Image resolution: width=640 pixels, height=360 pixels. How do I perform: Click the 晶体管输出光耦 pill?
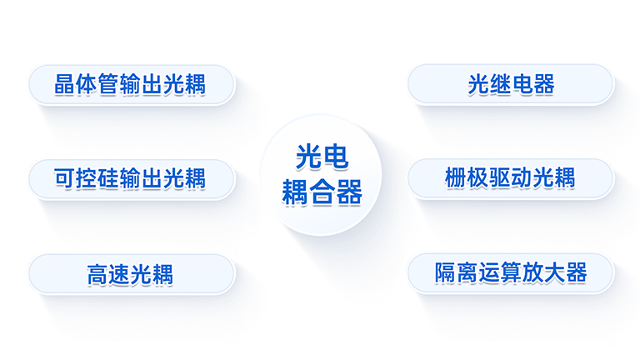(x=132, y=85)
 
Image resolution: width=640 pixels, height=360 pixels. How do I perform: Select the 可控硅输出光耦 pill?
(x=132, y=179)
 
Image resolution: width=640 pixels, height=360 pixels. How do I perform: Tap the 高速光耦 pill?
(x=132, y=274)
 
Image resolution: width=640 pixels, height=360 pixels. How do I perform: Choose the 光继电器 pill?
(x=511, y=85)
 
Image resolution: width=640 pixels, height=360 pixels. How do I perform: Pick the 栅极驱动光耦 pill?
(x=511, y=178)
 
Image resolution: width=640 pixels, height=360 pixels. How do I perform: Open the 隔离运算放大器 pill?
(x=511, y=272)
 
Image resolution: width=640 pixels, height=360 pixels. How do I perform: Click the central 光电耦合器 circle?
(x=322, y=175)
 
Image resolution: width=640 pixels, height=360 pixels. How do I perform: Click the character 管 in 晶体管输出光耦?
(x=108, y=85)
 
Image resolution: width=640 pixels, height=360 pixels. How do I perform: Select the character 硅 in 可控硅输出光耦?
(x=108, y=179)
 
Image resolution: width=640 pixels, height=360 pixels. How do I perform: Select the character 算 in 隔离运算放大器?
(x=511, y=272)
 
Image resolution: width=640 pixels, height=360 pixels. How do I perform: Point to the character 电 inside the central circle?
(x=334, y=157)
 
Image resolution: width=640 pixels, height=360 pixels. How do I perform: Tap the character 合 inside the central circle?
(x=322, y=193)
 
